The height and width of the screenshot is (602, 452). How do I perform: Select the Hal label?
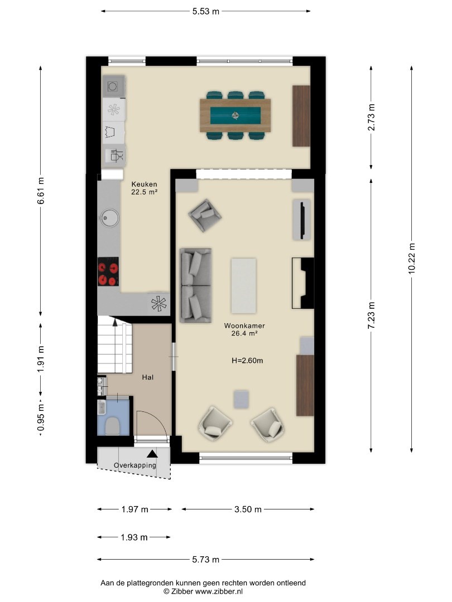(147, 377)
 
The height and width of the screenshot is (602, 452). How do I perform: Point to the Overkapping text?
(135, 465)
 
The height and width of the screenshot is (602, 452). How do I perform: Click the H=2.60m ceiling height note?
(247, 361)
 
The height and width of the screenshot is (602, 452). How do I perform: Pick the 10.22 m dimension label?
(412, 259)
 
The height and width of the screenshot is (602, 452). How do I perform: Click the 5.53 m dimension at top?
(206, 11)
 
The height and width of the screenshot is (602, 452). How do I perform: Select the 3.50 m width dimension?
(248, 509)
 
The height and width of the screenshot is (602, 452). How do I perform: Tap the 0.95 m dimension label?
(41, 417)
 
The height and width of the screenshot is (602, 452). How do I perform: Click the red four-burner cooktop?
(108, 271)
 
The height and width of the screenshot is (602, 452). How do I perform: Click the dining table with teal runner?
(235, 115)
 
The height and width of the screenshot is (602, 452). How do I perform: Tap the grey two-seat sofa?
(196, 285)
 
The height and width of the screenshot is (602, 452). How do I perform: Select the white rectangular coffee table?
(243, 285)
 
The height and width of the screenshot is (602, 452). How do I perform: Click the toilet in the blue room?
(112, 426)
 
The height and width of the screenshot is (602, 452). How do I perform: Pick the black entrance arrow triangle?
(152, 454)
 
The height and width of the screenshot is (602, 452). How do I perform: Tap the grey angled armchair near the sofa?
(205, 215)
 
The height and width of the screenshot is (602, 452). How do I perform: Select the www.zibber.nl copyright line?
(203, 591)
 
